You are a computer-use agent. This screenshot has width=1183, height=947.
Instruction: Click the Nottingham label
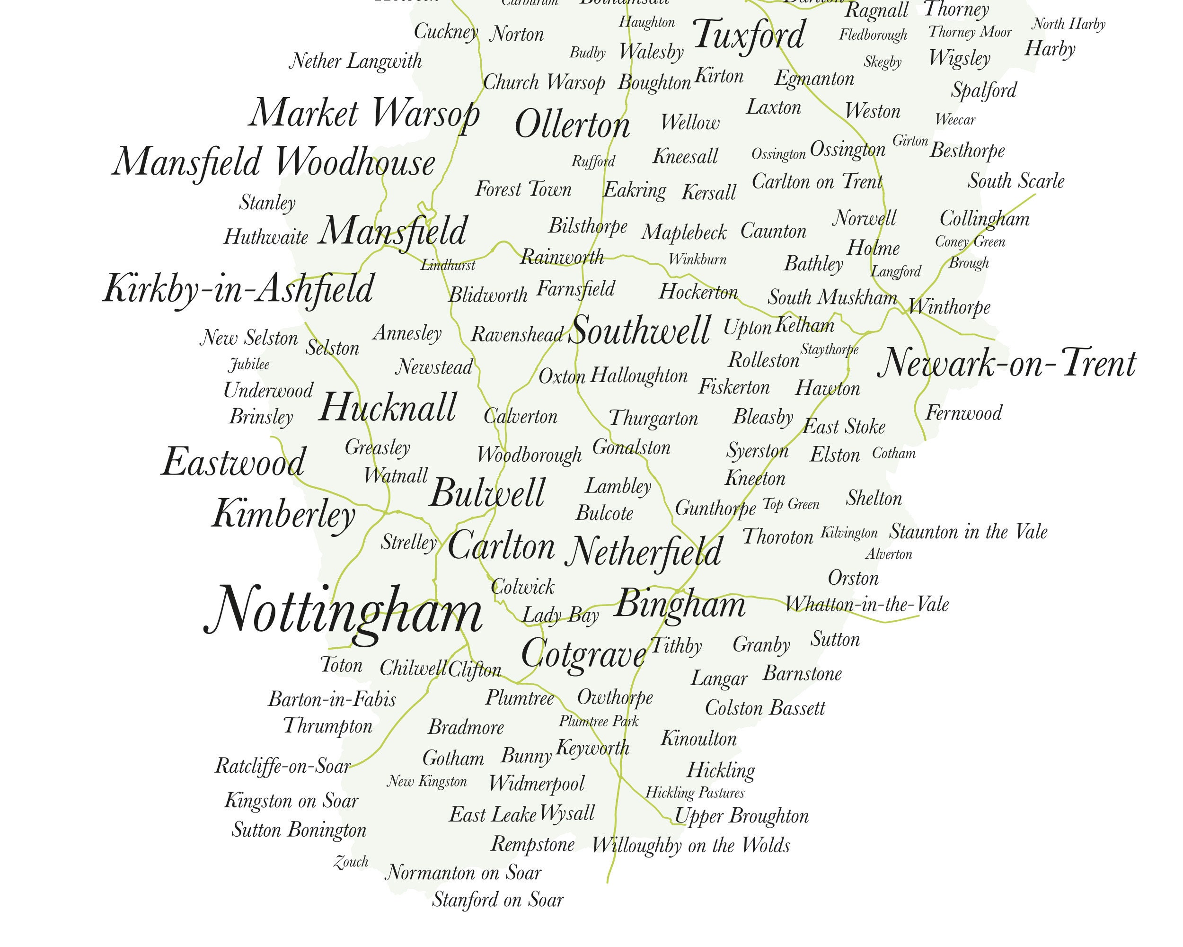[x=344, y=611]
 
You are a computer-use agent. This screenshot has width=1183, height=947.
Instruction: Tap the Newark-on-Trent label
[x=1006, y=364]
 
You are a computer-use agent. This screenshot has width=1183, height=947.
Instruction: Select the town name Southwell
[x=640, y=331]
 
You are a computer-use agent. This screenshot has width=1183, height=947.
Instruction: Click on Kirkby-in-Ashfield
[x=238, y=289]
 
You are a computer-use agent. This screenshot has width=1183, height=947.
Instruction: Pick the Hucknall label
[x=388, y=408]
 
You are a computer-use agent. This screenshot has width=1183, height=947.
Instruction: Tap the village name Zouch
[x=351, y=862]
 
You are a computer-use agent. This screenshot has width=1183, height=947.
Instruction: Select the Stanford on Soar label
[x=498, y=900]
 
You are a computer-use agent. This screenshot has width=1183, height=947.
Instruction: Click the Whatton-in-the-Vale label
[x=866, y=605]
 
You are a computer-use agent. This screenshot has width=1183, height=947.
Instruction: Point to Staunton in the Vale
[x=968, y=531]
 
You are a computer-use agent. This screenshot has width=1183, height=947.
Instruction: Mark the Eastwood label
[x=233, y=462]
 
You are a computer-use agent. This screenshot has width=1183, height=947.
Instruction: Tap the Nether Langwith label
[x=355, y=61]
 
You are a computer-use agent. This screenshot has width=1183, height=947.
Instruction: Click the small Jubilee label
[x=249, y=365]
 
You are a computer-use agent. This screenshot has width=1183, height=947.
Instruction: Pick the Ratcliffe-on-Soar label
[x=283, y=765]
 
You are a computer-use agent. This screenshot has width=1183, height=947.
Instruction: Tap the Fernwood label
[x=963, y=413]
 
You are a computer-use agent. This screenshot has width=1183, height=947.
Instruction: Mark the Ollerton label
[x=572, y=125]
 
